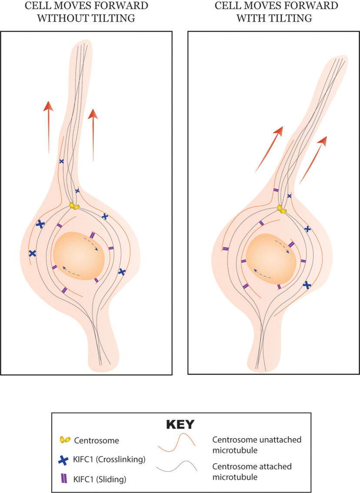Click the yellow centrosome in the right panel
tap(282, 209)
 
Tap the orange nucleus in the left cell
tap(78, 256)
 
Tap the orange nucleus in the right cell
tap(271, 260)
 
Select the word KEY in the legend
tap(180, 424)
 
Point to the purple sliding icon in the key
tap(63, 478)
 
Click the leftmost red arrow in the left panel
tap(48, 126)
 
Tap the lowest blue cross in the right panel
tap(307, 285)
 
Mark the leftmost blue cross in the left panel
tap(32, 253)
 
